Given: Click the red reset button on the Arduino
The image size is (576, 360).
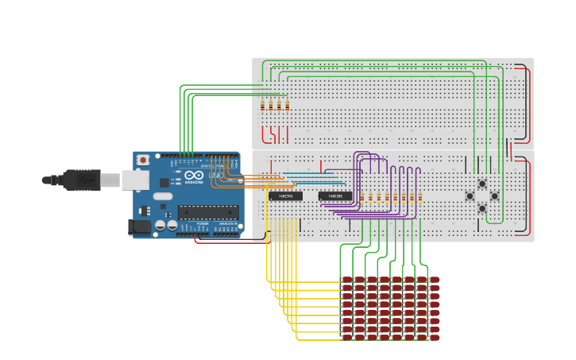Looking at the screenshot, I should point(143,160).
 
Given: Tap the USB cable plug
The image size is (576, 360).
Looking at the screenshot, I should point(83,180).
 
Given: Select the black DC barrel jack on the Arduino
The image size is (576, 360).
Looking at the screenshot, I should point(140,227).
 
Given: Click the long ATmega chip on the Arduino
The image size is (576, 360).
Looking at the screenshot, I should point(208,212).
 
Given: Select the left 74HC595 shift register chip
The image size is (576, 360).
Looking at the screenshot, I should point(285,195).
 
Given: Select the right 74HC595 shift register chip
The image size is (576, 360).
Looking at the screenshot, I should point(335,195).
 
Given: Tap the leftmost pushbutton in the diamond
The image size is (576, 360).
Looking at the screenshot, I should point(470,196).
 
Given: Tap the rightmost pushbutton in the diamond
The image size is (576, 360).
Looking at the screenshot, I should point(494,196).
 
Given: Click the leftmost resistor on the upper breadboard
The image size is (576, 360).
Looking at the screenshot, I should point(263,106).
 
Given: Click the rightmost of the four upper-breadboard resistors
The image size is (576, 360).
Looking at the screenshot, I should point(288,106).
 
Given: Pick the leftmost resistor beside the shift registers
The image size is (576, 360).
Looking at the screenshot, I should point(361,197).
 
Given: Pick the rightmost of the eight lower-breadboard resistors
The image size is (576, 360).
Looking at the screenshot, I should point(419,197).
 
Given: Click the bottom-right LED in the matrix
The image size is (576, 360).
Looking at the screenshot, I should point(434,338).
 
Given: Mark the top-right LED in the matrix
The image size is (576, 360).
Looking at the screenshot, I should point(434,280).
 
